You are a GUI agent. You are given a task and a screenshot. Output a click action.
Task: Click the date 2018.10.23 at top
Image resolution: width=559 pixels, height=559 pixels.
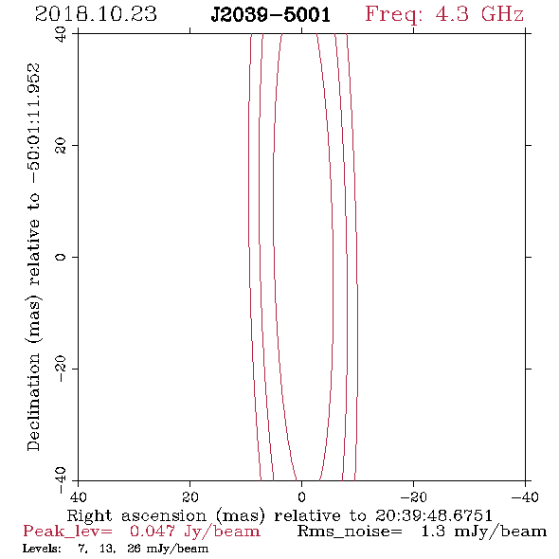click(x=96, y=14)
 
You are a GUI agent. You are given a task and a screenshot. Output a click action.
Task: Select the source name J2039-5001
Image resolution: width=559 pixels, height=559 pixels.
click(x=271, y=15)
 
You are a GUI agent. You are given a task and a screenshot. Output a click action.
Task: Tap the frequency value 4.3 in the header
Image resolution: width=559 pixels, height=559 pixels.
click(x=451, y=14)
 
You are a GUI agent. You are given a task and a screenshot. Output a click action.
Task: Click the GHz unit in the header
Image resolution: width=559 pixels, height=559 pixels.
click(x=502, y=14)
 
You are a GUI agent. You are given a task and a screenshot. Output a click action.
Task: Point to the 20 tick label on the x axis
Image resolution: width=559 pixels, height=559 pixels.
click(x=190, y=496)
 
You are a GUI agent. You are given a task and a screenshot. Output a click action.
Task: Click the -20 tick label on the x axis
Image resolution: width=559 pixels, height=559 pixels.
click(x=413, y=496)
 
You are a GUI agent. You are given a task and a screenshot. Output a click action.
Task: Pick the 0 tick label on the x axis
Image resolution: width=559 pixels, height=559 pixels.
click(x=301, y=496)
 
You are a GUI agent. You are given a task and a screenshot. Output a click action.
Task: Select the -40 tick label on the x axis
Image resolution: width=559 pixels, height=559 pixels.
click(x=525, y=496)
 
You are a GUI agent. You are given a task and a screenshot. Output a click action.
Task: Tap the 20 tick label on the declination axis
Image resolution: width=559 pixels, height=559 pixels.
click(x=61, y=146)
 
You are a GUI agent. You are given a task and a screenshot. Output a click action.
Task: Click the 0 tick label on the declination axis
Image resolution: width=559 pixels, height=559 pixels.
click(x=61, y=257)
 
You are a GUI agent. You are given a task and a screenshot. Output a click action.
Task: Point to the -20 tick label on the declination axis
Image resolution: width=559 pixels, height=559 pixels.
click(x=61, y=369)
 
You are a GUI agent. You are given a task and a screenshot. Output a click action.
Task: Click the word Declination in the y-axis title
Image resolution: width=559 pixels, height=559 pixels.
click(x=33, y=403)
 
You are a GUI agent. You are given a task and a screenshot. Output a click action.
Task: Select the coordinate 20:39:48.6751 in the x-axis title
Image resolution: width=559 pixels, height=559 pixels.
click(x=434, y=515)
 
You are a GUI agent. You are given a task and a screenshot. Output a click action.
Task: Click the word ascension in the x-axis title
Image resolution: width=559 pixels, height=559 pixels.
click(x=164, y=515)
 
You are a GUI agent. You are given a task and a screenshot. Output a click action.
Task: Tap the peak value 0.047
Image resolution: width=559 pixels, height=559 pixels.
click(x=153, y=532)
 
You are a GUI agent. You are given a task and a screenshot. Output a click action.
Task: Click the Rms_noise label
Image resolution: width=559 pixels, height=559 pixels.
click(x=350, y=532)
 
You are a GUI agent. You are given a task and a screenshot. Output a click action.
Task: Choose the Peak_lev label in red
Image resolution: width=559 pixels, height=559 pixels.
click(x=67, y=532)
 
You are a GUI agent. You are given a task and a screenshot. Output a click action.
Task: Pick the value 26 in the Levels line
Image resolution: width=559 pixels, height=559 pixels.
click(x=134, y=549)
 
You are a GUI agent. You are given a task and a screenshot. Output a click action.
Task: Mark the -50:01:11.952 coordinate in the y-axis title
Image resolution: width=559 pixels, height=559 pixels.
click(x=33, y=123)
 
